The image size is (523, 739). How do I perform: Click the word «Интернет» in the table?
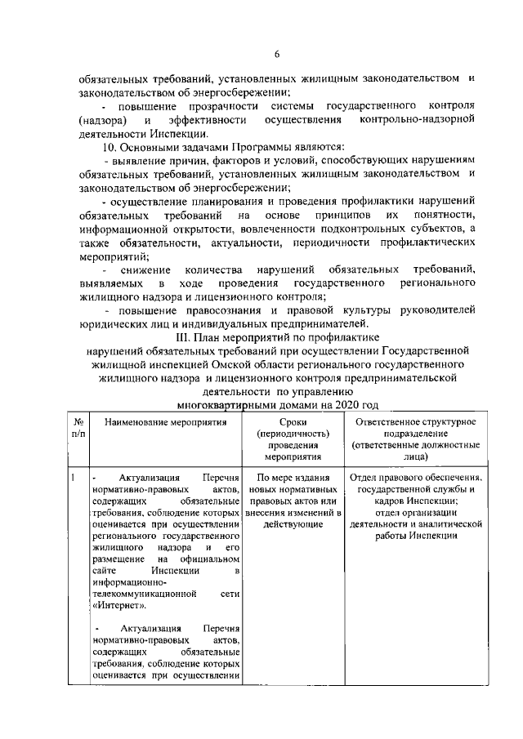tap(119, 606)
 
